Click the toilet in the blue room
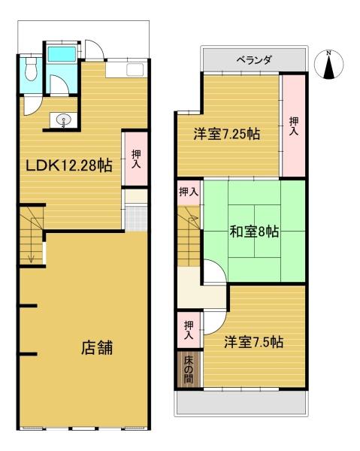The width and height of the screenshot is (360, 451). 31,68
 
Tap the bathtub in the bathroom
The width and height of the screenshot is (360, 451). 62,54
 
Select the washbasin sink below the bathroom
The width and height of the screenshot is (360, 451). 63,120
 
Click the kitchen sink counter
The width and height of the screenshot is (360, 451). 125,69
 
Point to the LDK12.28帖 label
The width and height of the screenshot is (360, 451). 69,165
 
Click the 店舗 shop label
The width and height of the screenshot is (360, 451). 97,347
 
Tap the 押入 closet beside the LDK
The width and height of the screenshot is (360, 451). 136,159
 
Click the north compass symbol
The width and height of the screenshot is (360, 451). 329,65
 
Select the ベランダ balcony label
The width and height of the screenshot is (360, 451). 254,60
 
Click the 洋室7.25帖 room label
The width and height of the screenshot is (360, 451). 227,134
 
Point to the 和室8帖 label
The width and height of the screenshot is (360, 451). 254,232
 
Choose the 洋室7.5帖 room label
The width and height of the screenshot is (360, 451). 254,342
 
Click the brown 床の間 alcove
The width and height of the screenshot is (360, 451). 189,369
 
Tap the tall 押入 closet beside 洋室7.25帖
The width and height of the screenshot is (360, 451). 293,126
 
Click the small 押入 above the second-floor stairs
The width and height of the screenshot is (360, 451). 189,192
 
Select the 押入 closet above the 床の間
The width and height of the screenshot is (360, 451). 189,330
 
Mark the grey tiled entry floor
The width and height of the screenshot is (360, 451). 137,218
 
